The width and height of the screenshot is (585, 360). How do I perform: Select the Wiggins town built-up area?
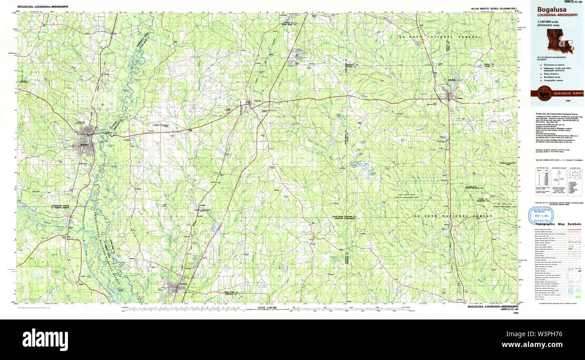click(449, 95)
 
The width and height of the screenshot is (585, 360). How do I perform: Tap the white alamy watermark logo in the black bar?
click(45, 338)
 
